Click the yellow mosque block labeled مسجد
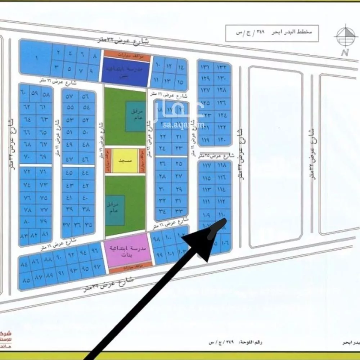125,161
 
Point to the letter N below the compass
345,53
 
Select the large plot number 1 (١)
36,58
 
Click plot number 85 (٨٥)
26,279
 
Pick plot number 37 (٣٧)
67,225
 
